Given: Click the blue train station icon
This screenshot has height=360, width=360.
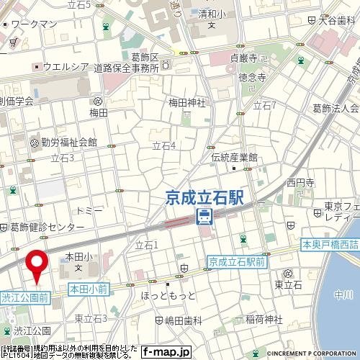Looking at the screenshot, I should tap(204, 217).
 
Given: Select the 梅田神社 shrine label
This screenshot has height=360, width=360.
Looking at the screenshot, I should tap(187, 102).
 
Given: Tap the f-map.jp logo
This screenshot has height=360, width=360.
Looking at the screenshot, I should tap(166, 352).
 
